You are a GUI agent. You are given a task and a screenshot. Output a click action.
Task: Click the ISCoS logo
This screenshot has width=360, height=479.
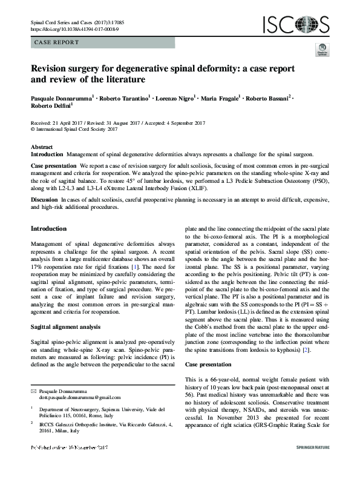[295, 24]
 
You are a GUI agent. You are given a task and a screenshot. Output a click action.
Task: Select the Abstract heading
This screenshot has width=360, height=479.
[42, 147]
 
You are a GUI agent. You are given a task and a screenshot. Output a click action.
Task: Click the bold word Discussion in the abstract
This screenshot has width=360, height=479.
[45, 199]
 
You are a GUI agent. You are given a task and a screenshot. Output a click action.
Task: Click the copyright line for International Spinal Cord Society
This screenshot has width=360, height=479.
[77, 129]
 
